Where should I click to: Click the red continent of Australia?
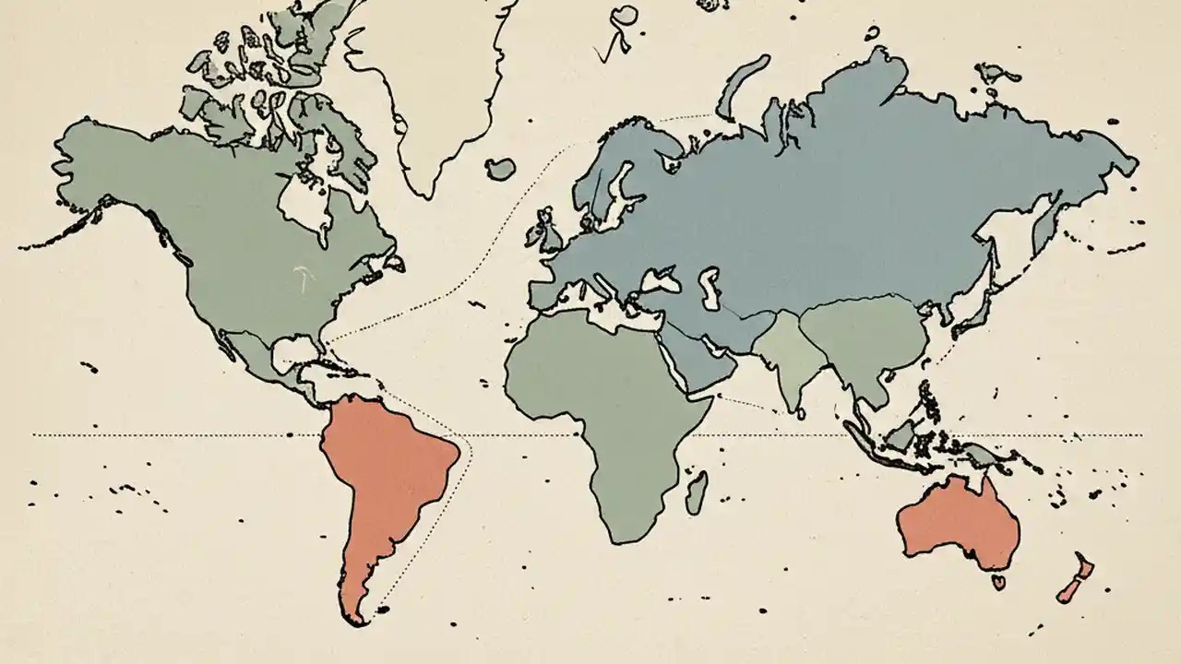pyautogui.click(x=960, y=526)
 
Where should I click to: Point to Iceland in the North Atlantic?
pyautogui.click(x=500, y=169)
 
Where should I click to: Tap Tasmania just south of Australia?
pyautogui.click(x=997, y=582)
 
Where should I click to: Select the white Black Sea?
pyautogui.click(x=661, y=278)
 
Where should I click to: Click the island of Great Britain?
pyautogui.click(x=552, y=231)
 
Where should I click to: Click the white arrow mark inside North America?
pyautogui.click(x=299, y=274)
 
